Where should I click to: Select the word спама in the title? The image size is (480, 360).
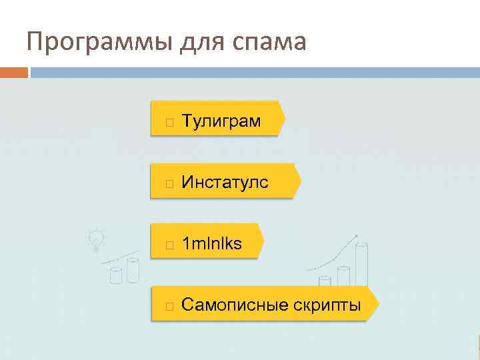(269, 43)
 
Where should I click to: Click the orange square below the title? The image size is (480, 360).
(13, 72)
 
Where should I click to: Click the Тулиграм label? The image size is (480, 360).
(221, 121)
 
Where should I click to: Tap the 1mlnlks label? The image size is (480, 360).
(212, 244)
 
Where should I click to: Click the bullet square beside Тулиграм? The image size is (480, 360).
(170, 123)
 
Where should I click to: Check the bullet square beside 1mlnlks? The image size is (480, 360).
(170, 245)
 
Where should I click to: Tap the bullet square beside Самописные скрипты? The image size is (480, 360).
(170, 307)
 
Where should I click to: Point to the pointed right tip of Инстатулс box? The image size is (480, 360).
(299, 181)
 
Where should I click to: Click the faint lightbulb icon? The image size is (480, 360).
(97, 240)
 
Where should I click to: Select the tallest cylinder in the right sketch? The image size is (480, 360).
(361, 264)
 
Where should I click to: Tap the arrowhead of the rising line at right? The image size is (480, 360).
(357, 235)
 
